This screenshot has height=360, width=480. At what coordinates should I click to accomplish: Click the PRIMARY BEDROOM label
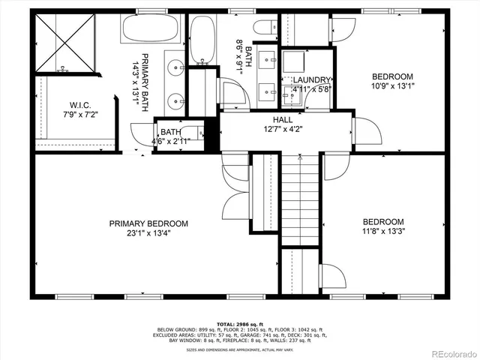(x=148, y=223)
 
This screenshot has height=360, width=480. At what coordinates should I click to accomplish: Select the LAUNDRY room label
(x=312, y=79)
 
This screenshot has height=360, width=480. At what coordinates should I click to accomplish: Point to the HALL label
(x=283, y=119)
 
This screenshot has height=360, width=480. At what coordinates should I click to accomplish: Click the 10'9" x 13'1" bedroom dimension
(x=393, y=86)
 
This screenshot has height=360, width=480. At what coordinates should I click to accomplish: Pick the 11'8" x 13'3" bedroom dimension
(x=383, y=232)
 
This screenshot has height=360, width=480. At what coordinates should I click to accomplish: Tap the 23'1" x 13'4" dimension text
(x=148, y=233)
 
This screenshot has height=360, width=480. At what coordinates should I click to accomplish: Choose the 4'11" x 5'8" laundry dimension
(x=312, y=88)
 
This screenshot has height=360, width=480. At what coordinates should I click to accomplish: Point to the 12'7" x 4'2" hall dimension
(x=283, y=128)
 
